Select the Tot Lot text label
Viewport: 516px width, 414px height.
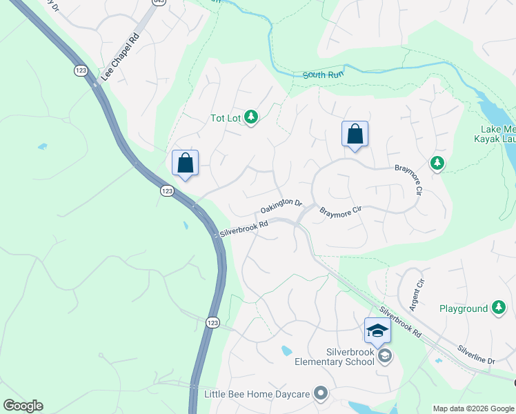pos(225,118)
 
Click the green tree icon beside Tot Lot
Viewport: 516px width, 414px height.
pos(251,118)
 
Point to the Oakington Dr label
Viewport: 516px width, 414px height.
pos(281,206)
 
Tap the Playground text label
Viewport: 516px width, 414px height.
pos(464,308)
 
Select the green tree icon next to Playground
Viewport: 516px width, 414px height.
pos(499,308)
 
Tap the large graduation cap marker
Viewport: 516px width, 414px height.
pos(377,331)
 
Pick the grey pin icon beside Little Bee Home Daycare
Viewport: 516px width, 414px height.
pos(320,394)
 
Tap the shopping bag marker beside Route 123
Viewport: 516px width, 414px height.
pos(185,164)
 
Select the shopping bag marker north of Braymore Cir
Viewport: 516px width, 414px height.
pos(355,134)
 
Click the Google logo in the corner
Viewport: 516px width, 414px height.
pos(23,406)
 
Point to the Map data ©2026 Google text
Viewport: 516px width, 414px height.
pos(473,408)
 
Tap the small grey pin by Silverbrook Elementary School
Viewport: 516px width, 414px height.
pos(385,356)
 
